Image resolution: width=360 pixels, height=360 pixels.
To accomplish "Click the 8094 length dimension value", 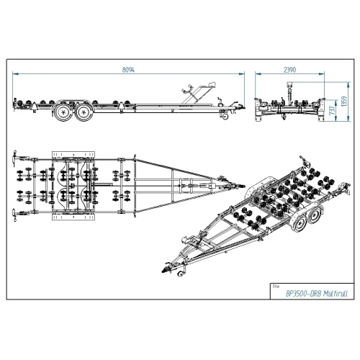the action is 128,70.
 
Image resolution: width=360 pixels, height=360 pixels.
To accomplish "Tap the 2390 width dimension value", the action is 289,70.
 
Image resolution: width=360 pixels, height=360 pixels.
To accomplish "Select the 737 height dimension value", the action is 332,110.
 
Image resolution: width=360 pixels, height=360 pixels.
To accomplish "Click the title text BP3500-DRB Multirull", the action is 317,294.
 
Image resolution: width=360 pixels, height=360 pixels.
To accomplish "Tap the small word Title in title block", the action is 276,287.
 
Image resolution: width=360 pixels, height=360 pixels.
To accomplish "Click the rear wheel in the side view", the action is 63,112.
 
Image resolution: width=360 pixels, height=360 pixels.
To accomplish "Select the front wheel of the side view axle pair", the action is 84,112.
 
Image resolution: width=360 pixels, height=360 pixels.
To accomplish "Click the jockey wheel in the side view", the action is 225,116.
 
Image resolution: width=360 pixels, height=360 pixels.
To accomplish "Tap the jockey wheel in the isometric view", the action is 180,274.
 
